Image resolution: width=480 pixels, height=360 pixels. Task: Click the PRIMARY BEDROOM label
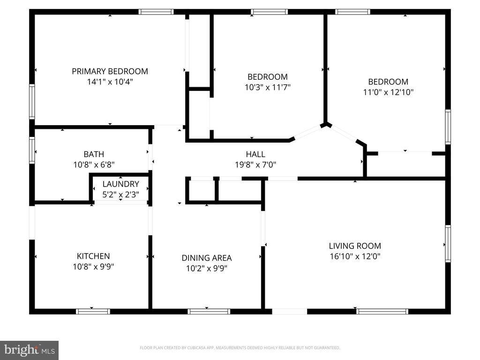click(110, 71)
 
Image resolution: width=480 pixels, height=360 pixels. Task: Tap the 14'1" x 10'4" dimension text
click(110, 82)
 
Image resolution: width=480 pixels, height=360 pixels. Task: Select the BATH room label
click(94, 154)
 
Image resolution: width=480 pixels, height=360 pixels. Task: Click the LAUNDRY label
click(120, 184)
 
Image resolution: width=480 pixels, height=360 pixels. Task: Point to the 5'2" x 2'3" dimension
click(120, 194)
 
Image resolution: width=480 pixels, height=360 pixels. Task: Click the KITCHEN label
click(93, 256)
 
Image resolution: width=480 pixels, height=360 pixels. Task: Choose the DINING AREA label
click(206, 258)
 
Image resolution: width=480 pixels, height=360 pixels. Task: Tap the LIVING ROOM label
click(354, 246)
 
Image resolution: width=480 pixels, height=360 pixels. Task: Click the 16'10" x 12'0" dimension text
click(354, 256)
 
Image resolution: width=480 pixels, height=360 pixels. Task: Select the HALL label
click(255, 154)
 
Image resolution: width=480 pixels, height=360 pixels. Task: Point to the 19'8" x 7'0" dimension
click(255, 165)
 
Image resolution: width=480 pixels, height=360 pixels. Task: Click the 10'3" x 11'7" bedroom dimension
click(267, 87)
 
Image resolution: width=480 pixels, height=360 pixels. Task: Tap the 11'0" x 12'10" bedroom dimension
click(388, 92)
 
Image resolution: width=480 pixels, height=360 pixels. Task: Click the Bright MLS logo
click(29, 350)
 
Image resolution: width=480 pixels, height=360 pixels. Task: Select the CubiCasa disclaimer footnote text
click(240, 348)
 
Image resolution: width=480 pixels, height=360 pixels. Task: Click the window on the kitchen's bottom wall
click(93, 311)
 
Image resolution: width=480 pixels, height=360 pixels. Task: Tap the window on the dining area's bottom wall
click(209, 311)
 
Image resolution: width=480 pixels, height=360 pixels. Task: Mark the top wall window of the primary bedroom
click(156, 12)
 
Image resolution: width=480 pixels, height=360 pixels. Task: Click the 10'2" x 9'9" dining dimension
click(206, 269)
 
